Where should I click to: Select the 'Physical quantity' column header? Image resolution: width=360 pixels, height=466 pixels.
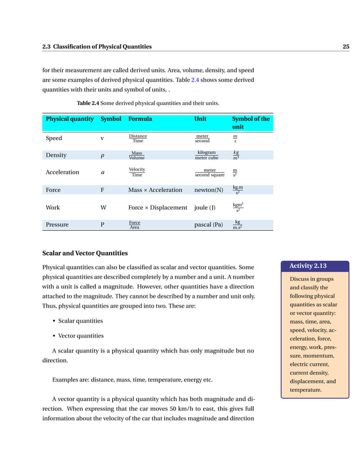pos(69,119)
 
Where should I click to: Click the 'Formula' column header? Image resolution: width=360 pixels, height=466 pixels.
pos(140,119)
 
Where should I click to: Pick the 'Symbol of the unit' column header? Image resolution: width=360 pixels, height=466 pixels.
pos(251,123)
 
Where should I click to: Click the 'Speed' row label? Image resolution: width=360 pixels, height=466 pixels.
pos(54,138)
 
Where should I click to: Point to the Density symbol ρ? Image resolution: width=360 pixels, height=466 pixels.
pos(102,156)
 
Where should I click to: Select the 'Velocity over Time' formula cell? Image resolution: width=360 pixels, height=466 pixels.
pos(137,172)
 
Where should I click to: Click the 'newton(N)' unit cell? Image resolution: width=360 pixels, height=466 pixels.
pos(208,190)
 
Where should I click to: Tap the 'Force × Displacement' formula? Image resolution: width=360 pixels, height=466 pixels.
pos(157,208)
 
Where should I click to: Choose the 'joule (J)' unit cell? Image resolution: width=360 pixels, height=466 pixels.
pos(204,208)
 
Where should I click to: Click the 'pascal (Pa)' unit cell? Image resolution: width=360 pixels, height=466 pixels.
pos(208,225)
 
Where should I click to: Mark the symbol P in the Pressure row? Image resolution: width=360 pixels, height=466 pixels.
pos(102,225)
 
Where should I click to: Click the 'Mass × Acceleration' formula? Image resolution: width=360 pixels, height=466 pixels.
pos(155,190)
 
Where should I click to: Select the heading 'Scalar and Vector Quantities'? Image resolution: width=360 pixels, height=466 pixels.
pos(85,253)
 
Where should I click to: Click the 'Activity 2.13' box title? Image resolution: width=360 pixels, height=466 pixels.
pos(308,266)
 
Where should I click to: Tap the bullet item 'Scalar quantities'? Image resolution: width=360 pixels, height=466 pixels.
pos(80,321)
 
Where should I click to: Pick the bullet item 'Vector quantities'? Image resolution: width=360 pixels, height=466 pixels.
pos(81,336)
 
